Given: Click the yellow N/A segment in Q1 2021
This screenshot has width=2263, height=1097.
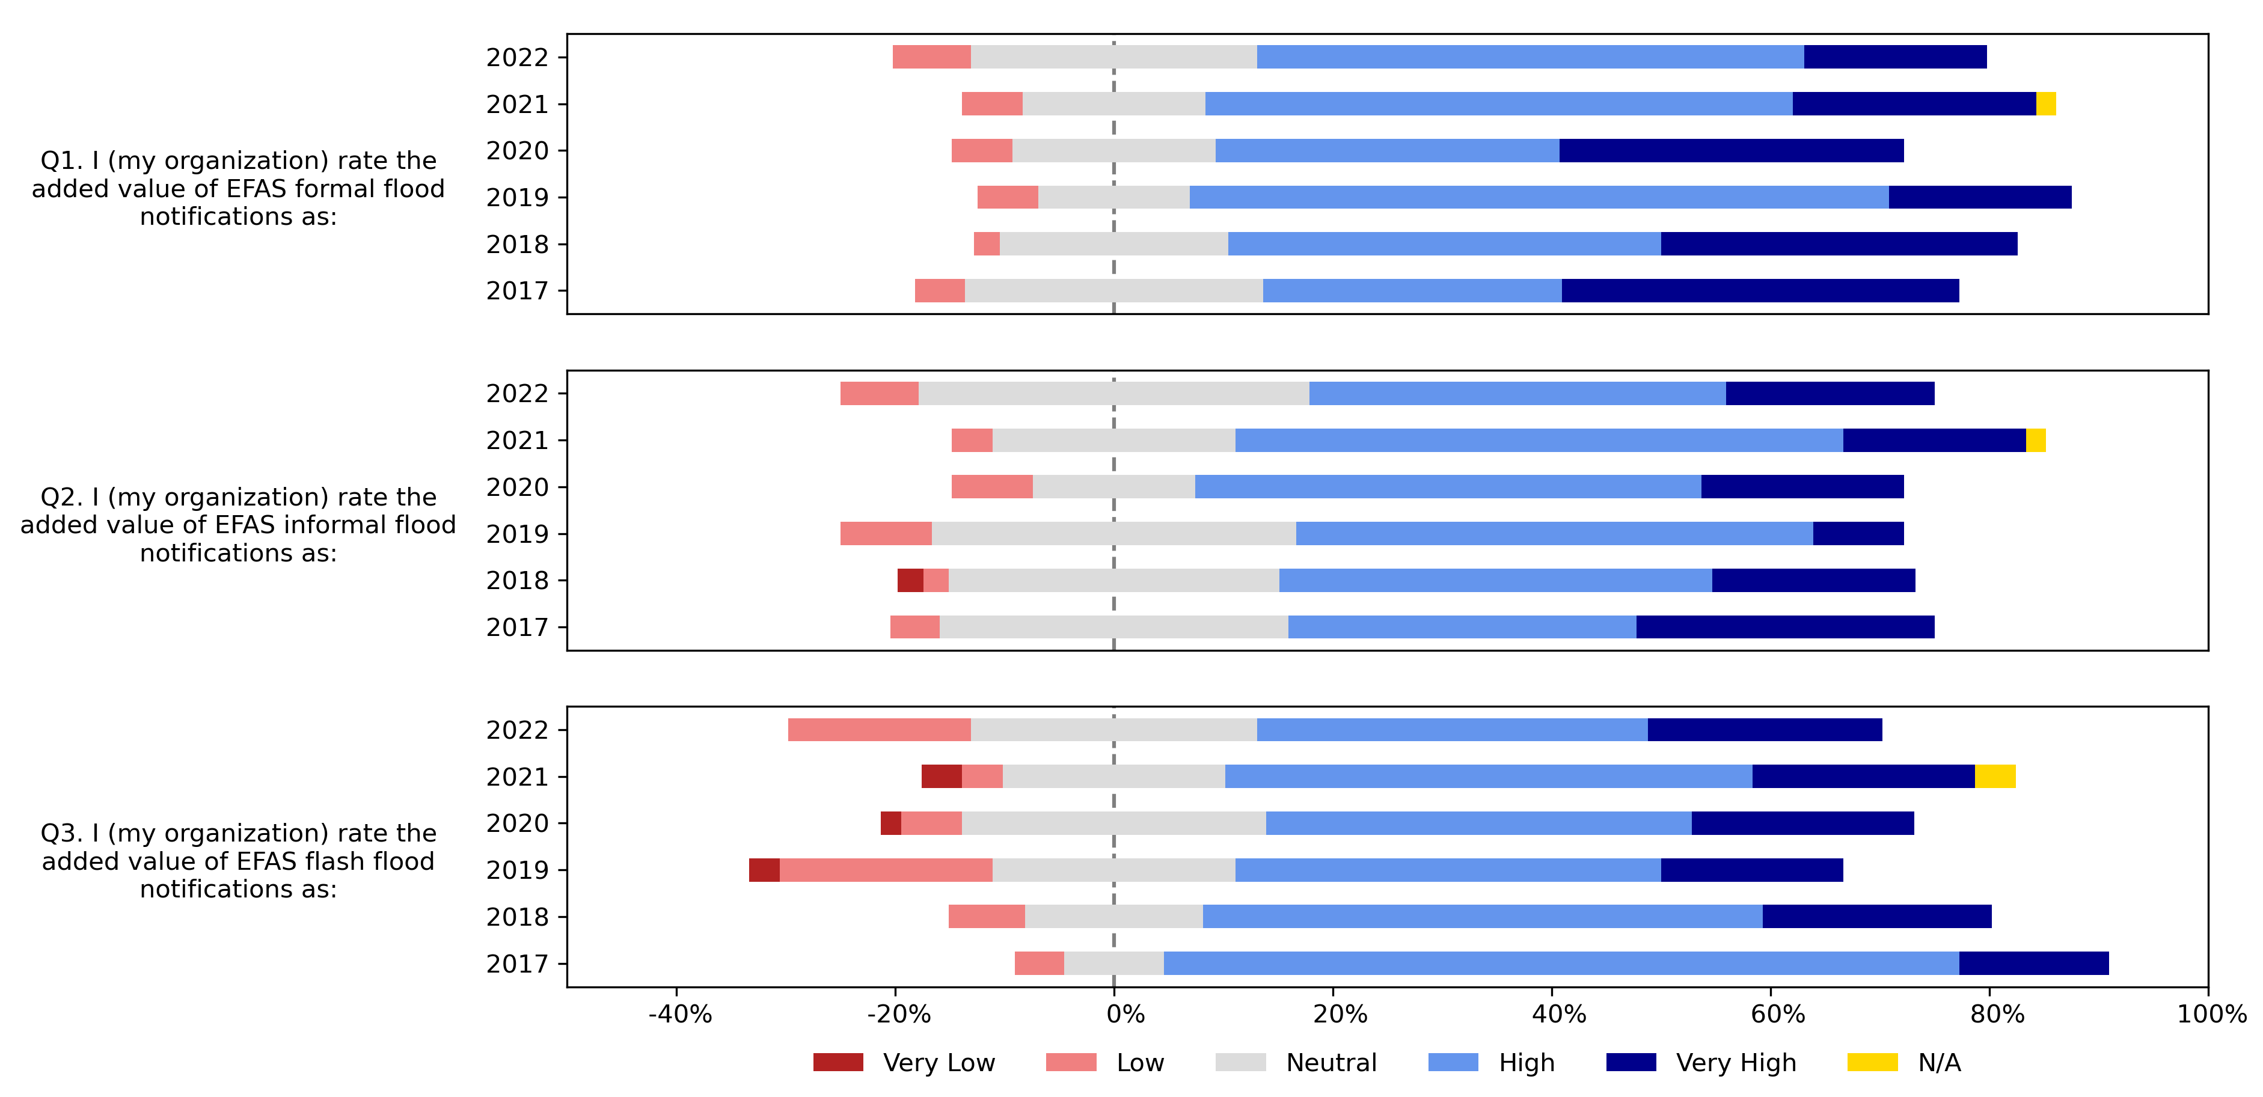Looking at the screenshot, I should [2045, 103].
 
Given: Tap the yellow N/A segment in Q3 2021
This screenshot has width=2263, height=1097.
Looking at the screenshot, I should [1994, 777].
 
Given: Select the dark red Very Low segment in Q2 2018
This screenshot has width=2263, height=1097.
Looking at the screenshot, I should [910, 581].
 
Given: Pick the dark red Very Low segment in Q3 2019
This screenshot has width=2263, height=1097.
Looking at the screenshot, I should [764, 870].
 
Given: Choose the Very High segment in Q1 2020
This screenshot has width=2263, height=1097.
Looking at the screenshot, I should [1731, 150].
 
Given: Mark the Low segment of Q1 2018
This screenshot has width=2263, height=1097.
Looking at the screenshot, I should [987, 244].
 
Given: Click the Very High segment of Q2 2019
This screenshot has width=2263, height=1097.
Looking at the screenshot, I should [1858, 533].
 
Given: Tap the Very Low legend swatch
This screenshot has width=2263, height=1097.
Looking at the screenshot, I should [838, 1062].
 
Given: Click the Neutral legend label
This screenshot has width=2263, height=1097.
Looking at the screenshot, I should [1331, 1063].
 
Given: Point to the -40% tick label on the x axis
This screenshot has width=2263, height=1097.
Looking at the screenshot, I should [679, 1015].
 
